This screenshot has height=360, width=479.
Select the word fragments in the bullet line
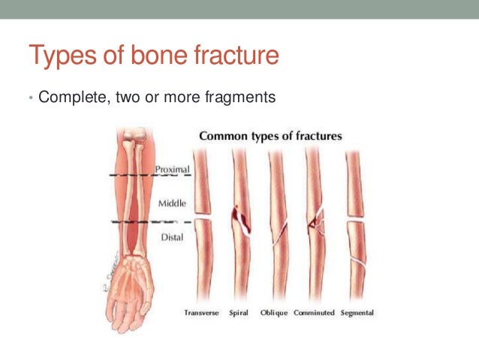pyautogui.click(x=238, y=98)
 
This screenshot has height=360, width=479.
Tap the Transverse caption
pyautogui.click(x=202, y=313)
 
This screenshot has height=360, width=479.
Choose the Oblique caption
pyautogui.click(x=274, y=313)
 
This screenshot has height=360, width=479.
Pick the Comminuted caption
pyautogui.click(x=314, y=313)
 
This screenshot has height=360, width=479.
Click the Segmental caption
pyautogui.click(x=357, y=313)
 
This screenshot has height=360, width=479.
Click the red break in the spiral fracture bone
pyautogui.click(x=241, y=218)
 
